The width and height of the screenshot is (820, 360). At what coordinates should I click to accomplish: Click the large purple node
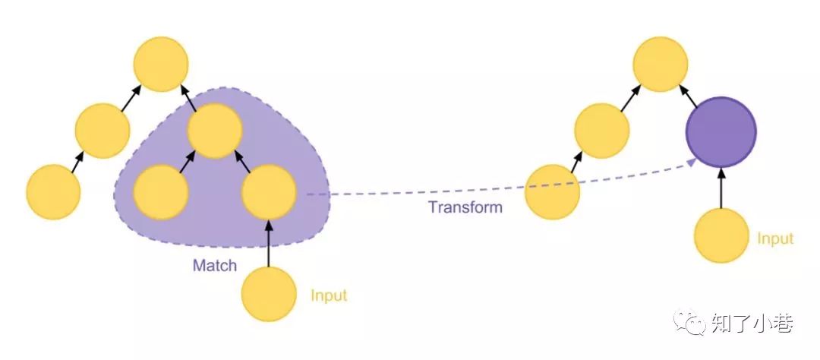coord(721,132)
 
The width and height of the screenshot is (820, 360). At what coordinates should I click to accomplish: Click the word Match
coord(215,266)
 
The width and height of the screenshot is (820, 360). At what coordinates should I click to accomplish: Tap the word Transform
coord(465,207)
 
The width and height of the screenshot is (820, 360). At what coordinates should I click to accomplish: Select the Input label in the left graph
coord(329,295)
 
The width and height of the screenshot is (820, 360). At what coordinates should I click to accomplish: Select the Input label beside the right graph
coord(774,238)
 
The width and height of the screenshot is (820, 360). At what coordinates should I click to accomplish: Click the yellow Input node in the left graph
coord(269,294)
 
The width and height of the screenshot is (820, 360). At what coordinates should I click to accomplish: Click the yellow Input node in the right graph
coord(721,236)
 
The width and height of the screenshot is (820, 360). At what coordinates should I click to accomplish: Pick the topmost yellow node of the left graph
coord(161,65)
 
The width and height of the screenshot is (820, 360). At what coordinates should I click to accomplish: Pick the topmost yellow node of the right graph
coord(660,65)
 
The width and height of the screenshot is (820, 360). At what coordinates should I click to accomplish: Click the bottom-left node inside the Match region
coord(161,192)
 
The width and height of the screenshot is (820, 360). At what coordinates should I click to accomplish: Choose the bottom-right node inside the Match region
coord(269,192)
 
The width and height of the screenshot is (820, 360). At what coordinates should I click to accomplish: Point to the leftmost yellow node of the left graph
coord(53,192)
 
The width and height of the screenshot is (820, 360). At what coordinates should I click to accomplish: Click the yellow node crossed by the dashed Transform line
coord(553,192)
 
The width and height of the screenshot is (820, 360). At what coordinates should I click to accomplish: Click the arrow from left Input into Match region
coord(269,243)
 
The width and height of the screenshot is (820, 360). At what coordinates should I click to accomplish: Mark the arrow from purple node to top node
coord(689,97)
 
